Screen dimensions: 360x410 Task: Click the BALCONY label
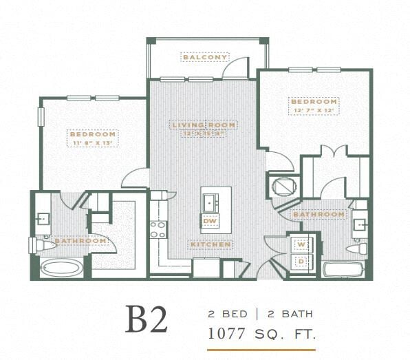(204, 57)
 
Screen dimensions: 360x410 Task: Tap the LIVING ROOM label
(204, 125)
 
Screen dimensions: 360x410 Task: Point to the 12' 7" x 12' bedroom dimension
(314, 110)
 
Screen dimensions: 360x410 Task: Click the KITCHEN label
(211, 244)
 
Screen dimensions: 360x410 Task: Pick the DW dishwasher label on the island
(210, 221)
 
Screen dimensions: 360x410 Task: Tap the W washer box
(301, 244)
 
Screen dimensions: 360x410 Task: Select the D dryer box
(301, 262)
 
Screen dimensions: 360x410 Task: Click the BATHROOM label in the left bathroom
(80, 241)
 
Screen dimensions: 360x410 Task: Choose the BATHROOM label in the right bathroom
(319, 215)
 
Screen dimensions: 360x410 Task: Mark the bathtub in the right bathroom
(344, 269)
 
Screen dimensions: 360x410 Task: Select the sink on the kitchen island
(210, 202)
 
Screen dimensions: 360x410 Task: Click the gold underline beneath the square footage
(261, 349)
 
